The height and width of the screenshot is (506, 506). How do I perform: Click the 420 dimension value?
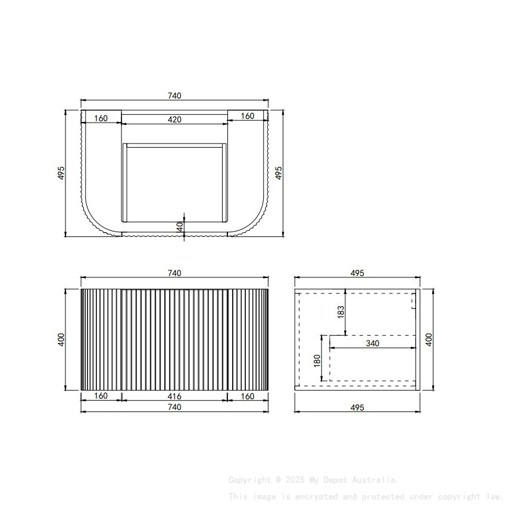tap(174, 119)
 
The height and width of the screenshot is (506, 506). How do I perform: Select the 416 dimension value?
tap(174, 396)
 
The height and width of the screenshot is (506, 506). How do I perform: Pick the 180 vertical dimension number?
tap(317, 360)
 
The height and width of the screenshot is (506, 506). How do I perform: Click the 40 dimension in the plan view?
tap(179, 226)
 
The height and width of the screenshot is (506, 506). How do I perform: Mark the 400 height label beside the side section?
tap(429, 340)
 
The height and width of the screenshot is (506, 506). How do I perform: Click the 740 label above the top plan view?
tap(174, 95)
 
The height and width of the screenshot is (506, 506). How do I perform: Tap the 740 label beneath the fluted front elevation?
tap(174, 407)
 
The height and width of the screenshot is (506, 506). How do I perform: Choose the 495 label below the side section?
tap(357, 407)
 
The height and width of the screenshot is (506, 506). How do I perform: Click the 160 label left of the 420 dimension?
tap(101, 118)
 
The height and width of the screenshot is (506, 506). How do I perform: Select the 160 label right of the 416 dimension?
tap(248, 396)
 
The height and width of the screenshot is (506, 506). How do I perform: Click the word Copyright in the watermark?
tap(249, 480)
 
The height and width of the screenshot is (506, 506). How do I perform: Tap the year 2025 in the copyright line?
tap(296, 480)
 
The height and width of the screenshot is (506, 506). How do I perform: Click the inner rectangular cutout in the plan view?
tap(174, 182)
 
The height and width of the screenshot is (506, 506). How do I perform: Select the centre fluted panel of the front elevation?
tap(174, 339)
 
